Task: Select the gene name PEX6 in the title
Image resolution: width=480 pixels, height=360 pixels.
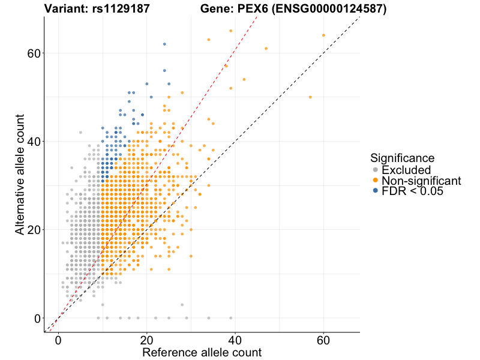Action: (x=248, y=9)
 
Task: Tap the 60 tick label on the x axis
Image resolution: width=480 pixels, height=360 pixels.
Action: (x=324, y=339)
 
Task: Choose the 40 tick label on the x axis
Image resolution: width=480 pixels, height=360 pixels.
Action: (x=235, y=339)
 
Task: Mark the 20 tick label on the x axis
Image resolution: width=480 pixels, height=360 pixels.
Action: (x=147, y=339)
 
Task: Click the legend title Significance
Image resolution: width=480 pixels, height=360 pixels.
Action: (x=402, y=158)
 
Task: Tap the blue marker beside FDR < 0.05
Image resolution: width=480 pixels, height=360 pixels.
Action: (x=376, y=191)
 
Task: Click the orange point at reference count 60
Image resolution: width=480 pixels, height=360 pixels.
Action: (x=324, y=35)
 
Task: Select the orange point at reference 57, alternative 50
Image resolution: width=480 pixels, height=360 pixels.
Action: (x=310, y=97)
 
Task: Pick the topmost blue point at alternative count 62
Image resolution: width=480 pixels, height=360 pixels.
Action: (x=164, y=44)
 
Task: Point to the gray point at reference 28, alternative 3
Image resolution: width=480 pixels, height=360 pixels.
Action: (x=182, y=305)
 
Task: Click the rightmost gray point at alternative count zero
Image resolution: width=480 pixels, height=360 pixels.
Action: (x=231, y=318)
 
